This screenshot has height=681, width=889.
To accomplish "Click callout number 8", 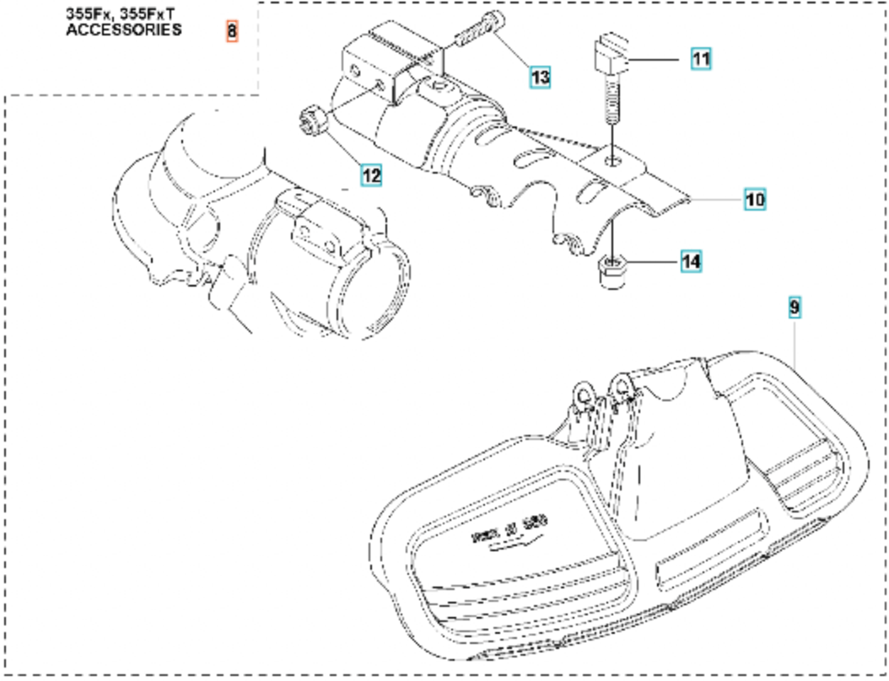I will [233, 32].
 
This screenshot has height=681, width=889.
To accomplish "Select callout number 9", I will [794, 308].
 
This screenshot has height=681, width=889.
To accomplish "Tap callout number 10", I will [754, 200].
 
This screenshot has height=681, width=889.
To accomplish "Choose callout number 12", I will [371, 175].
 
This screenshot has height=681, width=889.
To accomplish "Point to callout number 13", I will [540, 78].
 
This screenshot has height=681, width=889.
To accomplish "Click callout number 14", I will [691, 262].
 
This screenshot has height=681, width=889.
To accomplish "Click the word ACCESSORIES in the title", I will [123, 29].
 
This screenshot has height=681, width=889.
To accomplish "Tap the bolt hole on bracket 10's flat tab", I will [615, 158].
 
